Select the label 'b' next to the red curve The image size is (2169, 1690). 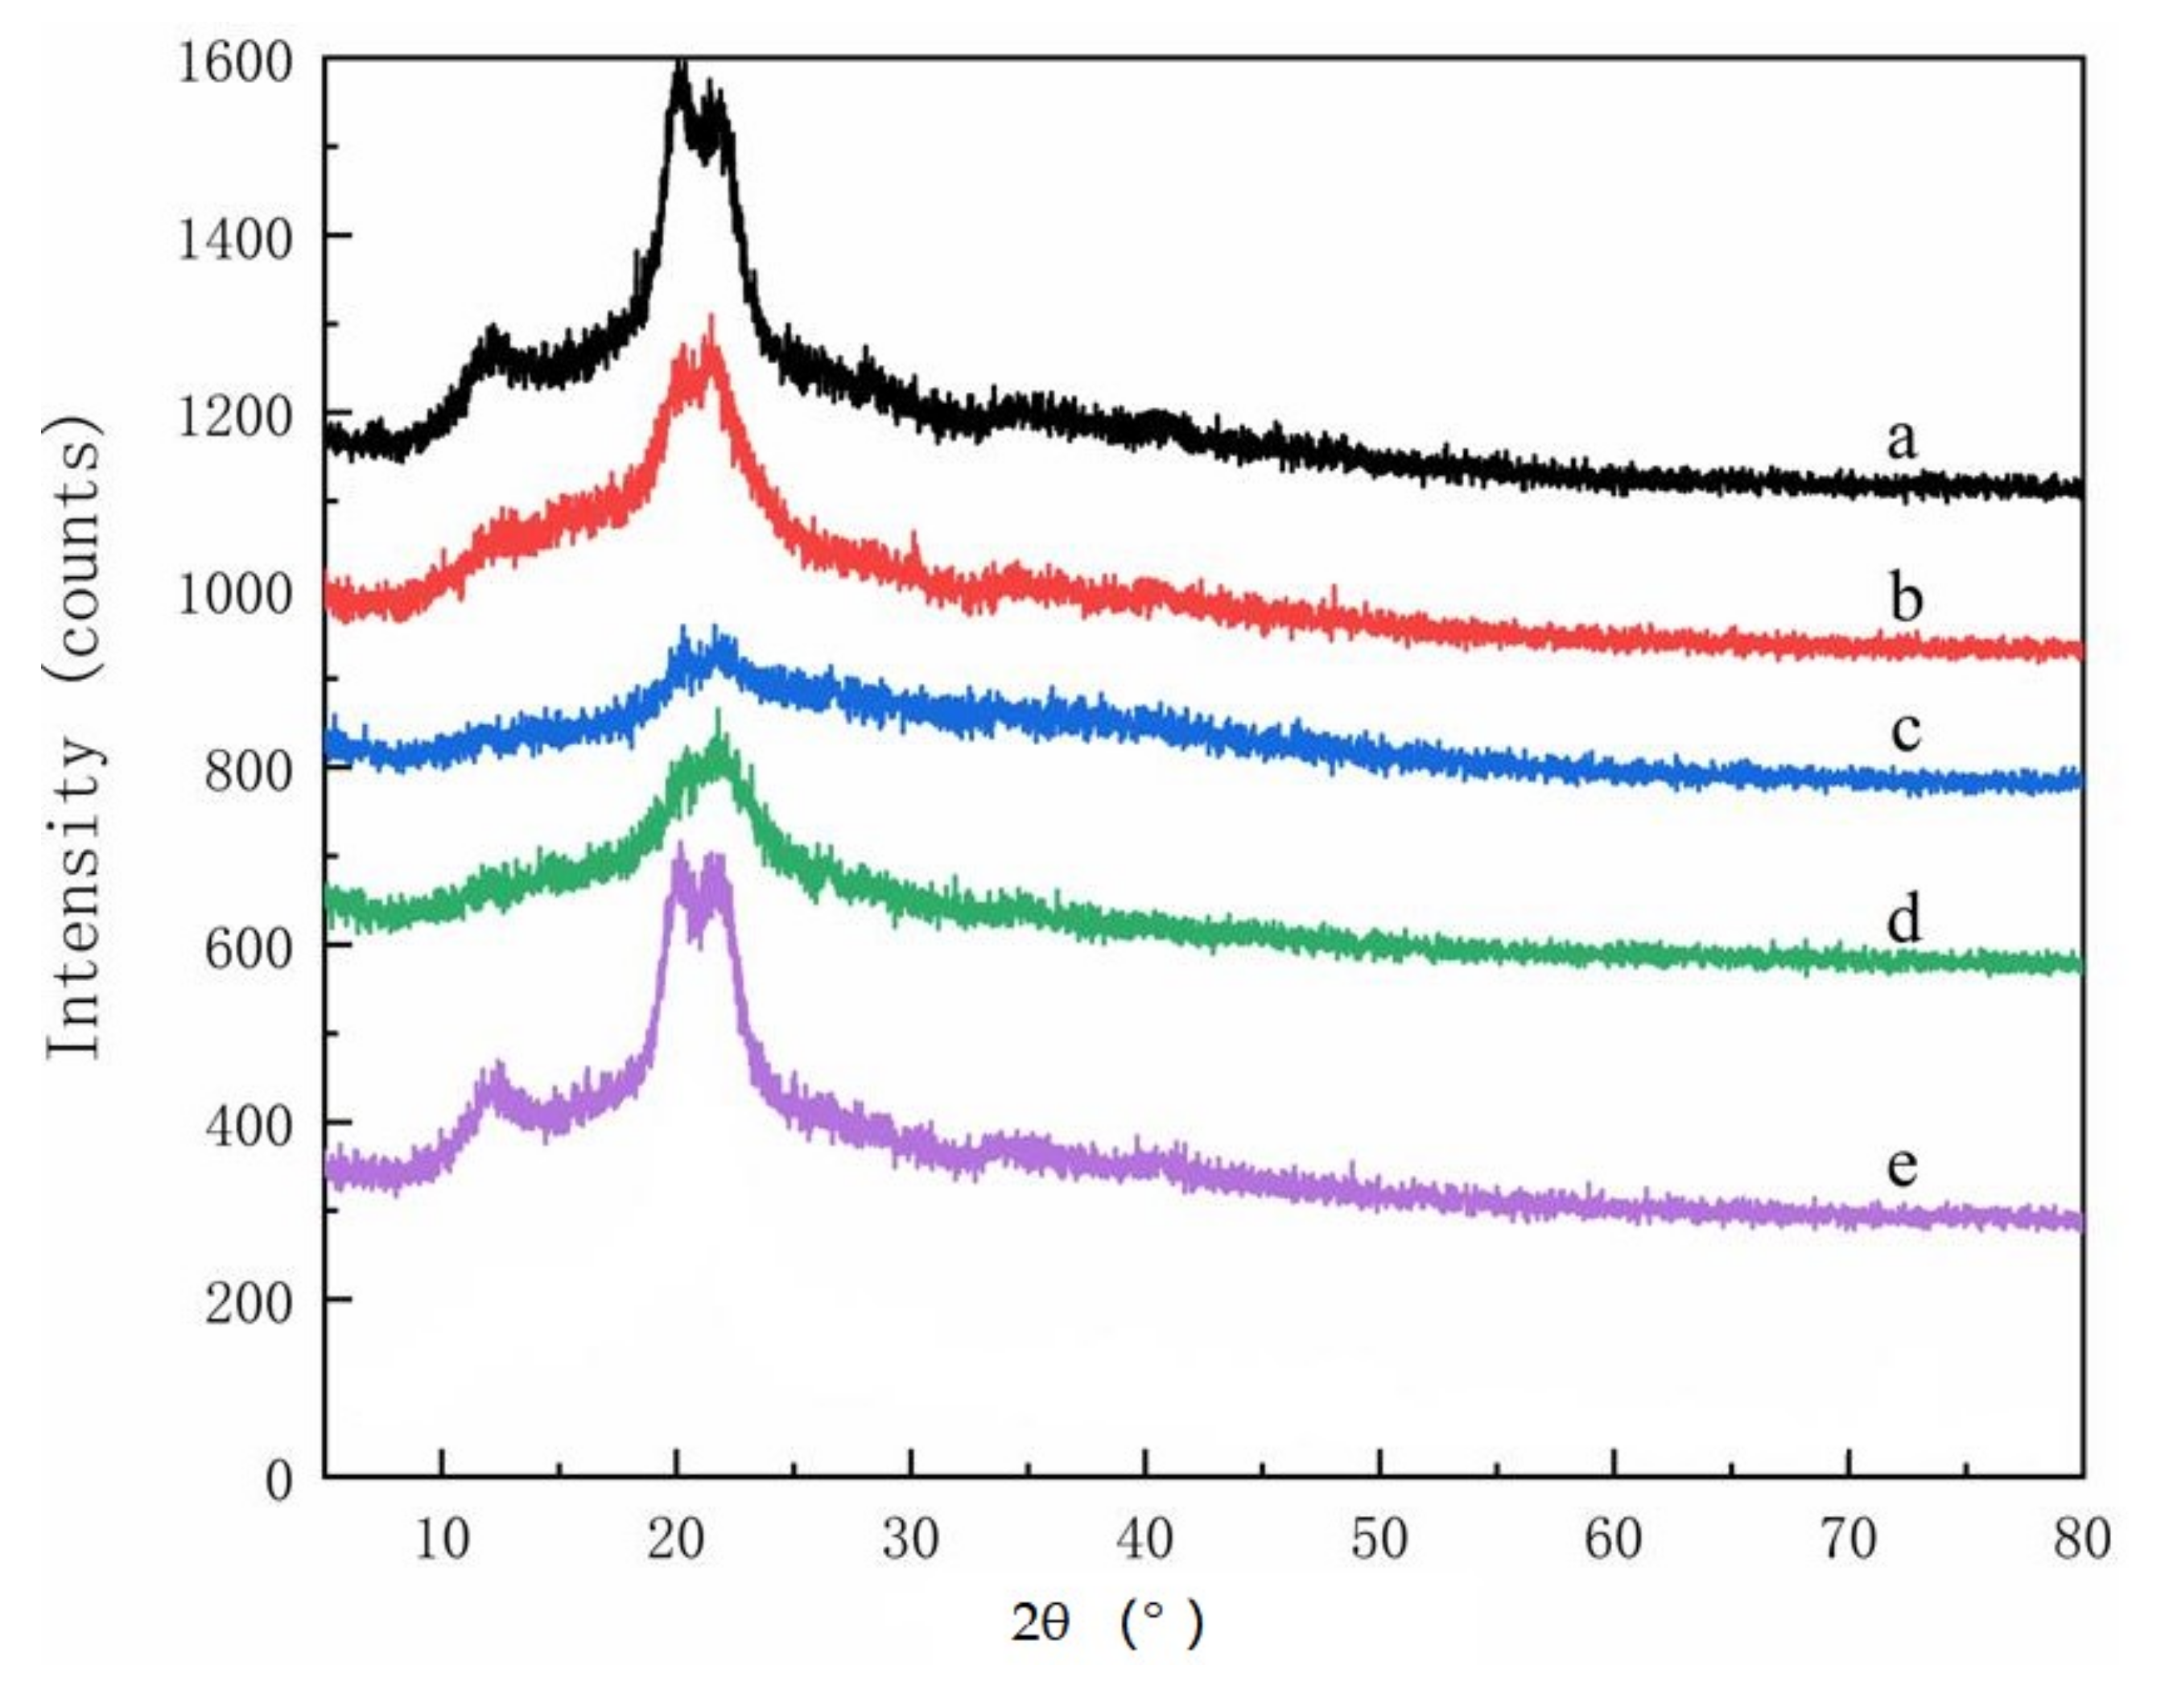pos(1905,598)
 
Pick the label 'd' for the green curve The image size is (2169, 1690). pos(1904,918)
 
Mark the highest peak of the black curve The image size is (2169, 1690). pos(680,68)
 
